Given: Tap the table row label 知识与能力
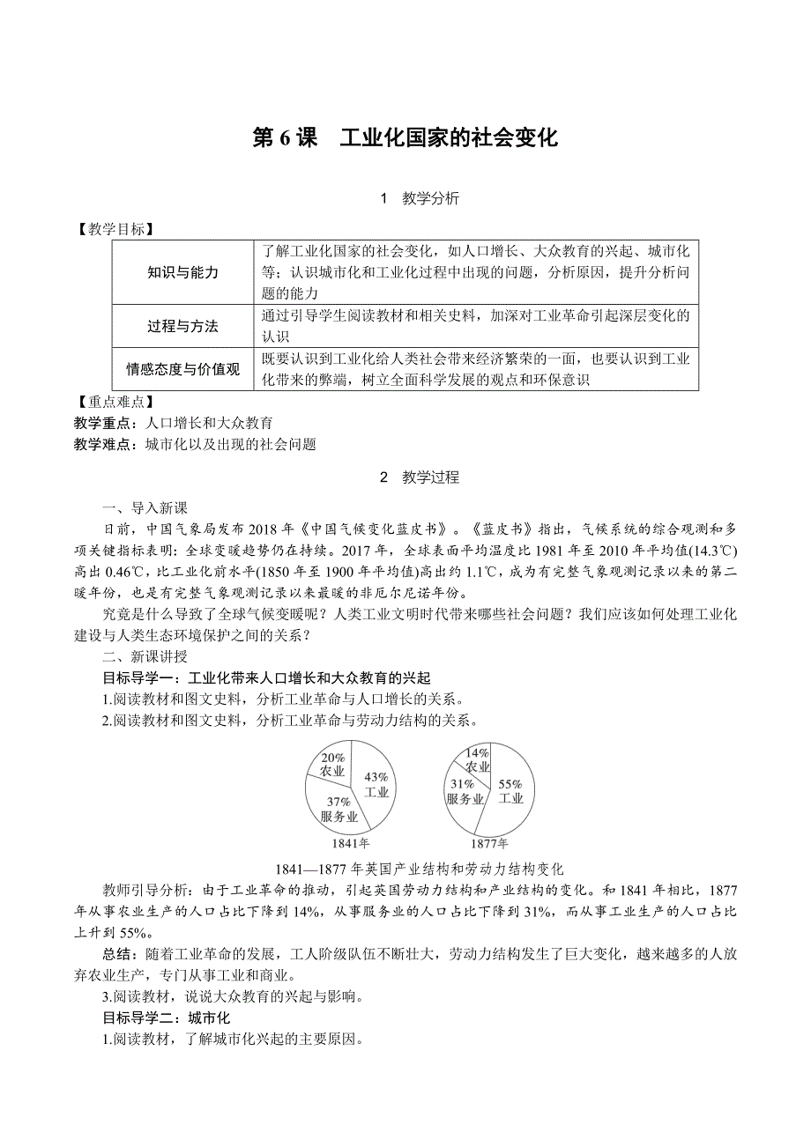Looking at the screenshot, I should (182, 273).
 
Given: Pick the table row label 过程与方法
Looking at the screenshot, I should (182, 327).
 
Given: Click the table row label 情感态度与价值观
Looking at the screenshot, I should (182, 370).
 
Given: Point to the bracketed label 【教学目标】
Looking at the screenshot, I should (115, 230).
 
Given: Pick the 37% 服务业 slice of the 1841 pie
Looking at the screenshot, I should (339, 809).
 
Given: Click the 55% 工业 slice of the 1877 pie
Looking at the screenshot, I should (510, 791).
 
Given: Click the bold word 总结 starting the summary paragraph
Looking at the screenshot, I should (116, 954).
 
